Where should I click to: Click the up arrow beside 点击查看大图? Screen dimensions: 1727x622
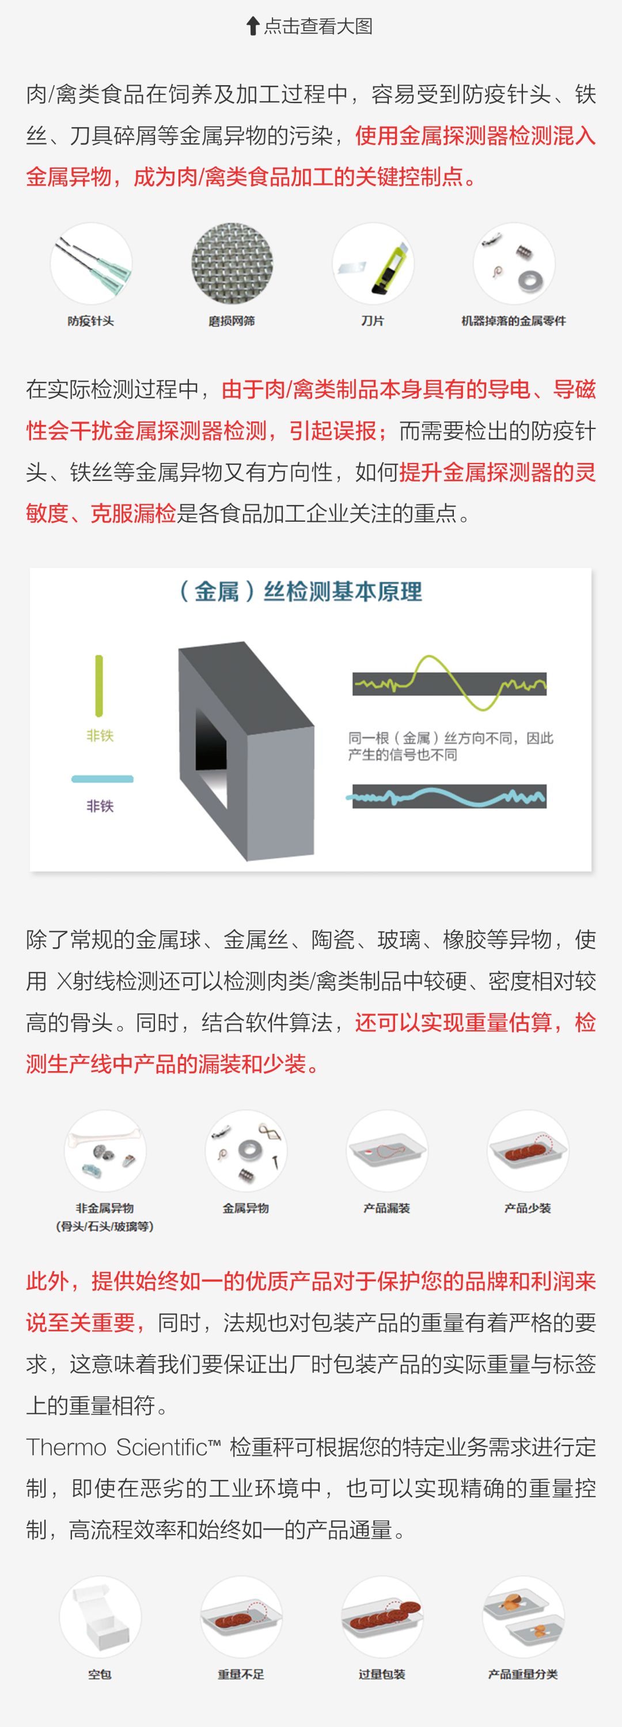[253, 26]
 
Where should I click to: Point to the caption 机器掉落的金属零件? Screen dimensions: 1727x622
[513, 321]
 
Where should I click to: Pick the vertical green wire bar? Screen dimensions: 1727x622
[99, 685]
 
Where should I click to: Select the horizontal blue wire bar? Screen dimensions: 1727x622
[103, 779]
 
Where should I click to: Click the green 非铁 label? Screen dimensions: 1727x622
[100, 736]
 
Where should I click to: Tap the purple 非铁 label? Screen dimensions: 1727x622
[100, 806]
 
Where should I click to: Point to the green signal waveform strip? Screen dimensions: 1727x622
[450, 684]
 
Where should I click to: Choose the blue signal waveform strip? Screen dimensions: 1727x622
[450, 796]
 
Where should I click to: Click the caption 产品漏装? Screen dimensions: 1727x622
[387, 1208]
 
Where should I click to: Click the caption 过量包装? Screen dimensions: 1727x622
[382, 1674]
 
